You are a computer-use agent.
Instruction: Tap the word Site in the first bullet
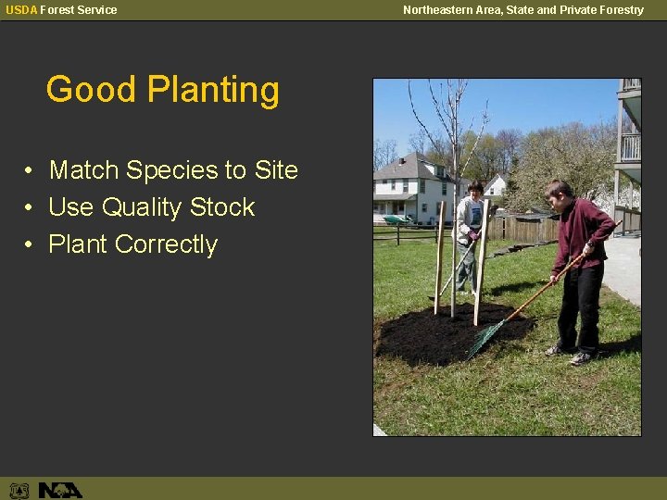pos(276,170)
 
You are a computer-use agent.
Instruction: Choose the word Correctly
pos(161,244)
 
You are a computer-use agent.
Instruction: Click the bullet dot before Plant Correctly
pos(31,244)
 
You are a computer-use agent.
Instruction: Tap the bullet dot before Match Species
pos(31,170)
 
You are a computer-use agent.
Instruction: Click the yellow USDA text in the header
pos(20,10)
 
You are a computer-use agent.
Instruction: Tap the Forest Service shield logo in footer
pos(20,490)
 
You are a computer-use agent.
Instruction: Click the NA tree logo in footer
pos(60,490)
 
